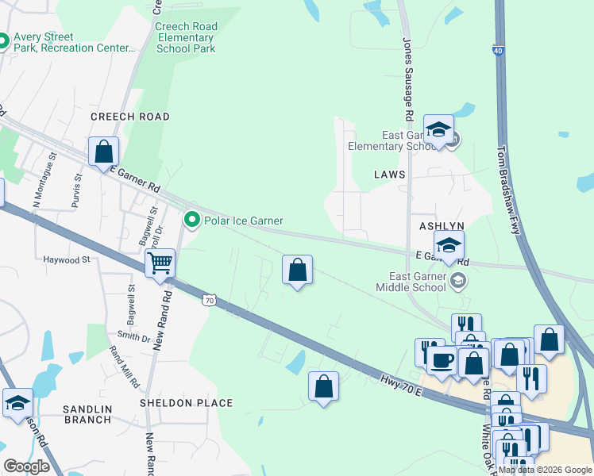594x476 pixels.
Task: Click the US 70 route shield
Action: [x=209, y=300]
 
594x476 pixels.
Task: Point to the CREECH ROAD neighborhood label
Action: [x=130, y=117]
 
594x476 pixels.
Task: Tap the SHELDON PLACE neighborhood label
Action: [x=187, y=403]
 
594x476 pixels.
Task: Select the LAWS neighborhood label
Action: [x=390, y=174]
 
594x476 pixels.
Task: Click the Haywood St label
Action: [x=67, y=259]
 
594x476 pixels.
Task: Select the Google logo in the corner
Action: [x=26, y=466]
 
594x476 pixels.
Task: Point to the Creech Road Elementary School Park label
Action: [x=185, y=37]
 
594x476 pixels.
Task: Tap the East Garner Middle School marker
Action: [x=458, y=280]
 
